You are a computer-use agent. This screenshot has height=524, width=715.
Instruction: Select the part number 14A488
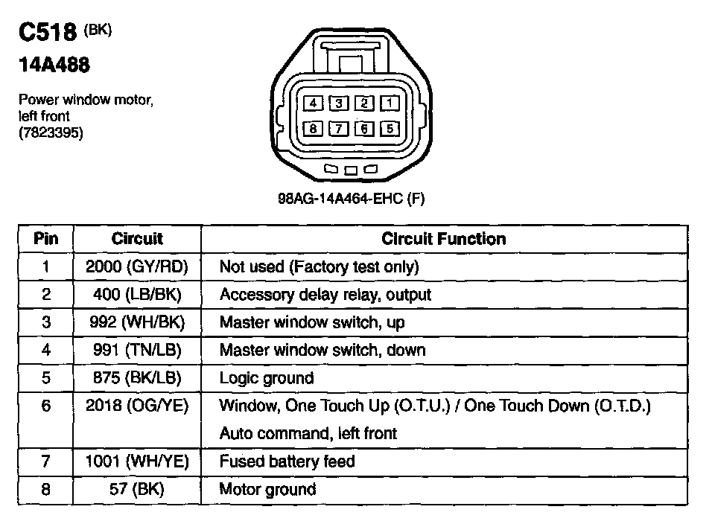click(54, 65)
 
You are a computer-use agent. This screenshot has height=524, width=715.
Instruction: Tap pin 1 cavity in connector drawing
click(390, 103)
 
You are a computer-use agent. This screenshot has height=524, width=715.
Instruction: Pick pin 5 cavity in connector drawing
click(390, 129)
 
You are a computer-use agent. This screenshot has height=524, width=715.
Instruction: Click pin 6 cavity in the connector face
click(364, 129)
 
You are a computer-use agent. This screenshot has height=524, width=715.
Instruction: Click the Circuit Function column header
click(443, 239)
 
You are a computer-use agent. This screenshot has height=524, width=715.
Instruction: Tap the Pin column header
click(45, 239)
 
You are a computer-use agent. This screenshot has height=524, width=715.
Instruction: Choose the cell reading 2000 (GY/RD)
click(137, 266)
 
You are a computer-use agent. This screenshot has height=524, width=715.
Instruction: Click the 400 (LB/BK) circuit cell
click(137, 294)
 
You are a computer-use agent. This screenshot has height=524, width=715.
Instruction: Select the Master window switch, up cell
click(312, 322)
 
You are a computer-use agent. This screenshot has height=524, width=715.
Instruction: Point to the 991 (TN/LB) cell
click(137, 350)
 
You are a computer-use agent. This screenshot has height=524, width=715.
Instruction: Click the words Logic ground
click(266, 378)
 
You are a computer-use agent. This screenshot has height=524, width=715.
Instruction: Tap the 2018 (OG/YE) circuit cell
click(137, 406)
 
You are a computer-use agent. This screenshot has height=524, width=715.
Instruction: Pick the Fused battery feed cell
click(287, 461)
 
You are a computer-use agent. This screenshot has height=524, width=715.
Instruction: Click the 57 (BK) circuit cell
click(137, 489)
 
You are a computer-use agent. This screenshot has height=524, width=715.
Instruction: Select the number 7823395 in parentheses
click(51, 133)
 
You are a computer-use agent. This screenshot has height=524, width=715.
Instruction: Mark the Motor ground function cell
click(267, 489)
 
